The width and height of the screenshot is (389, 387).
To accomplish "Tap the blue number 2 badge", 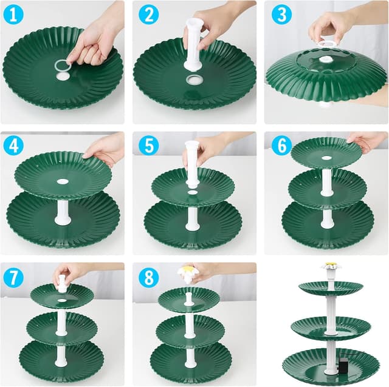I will tap(148, 15).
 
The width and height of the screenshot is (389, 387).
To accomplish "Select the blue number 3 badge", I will tap(281, 15).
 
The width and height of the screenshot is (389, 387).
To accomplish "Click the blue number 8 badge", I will tap(148, 278).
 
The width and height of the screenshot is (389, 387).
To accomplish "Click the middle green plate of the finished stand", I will tap(331, 327).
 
